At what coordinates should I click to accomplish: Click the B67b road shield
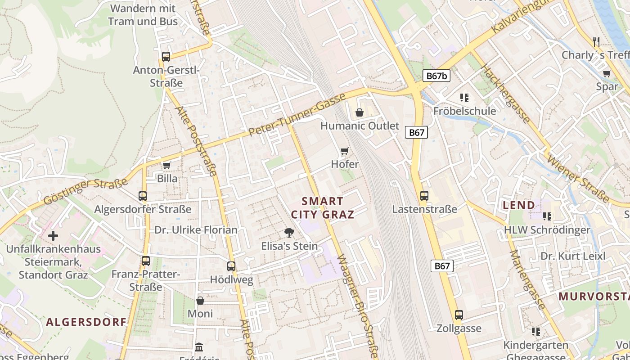click(x=436, y=76)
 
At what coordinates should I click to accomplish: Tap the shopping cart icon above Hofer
click(x=345, y=151)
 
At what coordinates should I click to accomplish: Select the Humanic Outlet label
click(x=360, y=126)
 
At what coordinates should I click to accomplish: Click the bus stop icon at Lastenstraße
click(x=424, y=196)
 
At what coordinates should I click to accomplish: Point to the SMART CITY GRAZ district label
click(x=322, y=207)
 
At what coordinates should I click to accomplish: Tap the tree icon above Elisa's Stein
click(x=289, y=233)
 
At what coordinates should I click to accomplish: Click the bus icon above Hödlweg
click(x=231, y=266)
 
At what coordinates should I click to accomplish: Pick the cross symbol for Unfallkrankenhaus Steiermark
click(x=53, y=235)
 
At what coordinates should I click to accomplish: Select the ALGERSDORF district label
click(x=86, y=322)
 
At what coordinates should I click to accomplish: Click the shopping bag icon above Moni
click(x=200, y=300)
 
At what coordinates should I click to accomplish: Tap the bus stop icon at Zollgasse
click(x=459, y=315)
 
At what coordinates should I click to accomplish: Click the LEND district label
click(x=519, y=205)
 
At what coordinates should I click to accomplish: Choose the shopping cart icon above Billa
click(x=167, y=165)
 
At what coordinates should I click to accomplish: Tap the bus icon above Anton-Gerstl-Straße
click(x=166, y=57)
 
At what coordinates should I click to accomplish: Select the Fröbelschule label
click(x=464, y=111)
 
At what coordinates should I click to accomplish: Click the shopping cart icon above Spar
click(x=607, y=73)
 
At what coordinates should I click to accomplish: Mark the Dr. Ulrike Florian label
click(x=196, y=230)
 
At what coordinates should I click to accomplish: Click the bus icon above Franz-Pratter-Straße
click(x=145, y=261)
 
